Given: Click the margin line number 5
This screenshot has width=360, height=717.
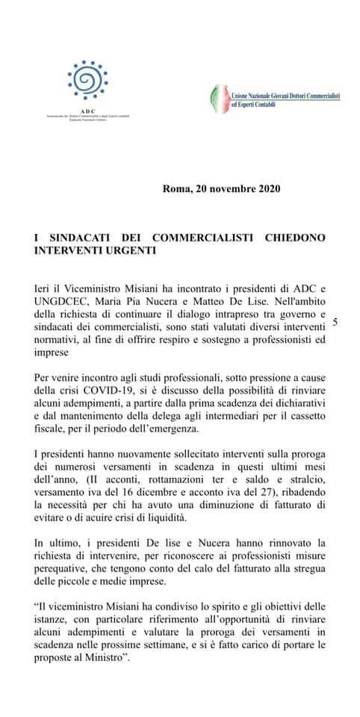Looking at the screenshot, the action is (x=335, y=322).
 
